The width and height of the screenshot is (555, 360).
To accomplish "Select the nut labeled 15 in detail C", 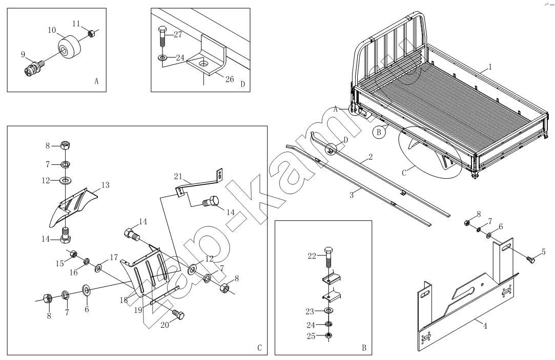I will [73, 254].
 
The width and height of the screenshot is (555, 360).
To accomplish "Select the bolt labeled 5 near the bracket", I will [530, 260].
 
